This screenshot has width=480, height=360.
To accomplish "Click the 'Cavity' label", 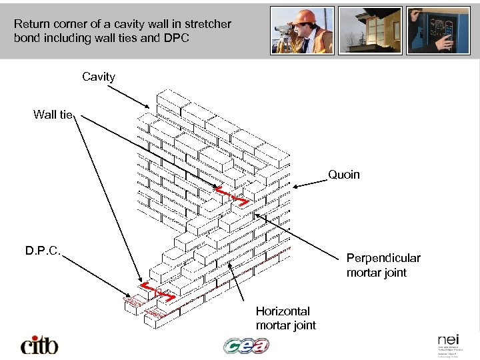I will [99, 77].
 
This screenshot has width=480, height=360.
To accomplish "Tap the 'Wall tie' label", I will [53, 115].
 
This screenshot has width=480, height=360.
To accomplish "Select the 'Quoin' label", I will [343, 175].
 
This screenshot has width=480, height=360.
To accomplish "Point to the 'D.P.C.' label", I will [43, 251].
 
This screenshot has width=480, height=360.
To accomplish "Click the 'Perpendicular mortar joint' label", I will [383, 265].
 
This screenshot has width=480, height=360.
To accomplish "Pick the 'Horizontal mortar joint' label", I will [285, 318].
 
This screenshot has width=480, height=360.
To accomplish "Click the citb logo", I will [39, 345].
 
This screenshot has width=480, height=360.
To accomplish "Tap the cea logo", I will [246, 345].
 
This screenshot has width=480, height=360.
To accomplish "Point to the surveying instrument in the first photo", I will [285, 30].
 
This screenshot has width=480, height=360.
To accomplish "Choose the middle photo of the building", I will [370, 30].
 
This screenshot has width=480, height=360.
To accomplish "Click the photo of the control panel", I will [438, 30].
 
